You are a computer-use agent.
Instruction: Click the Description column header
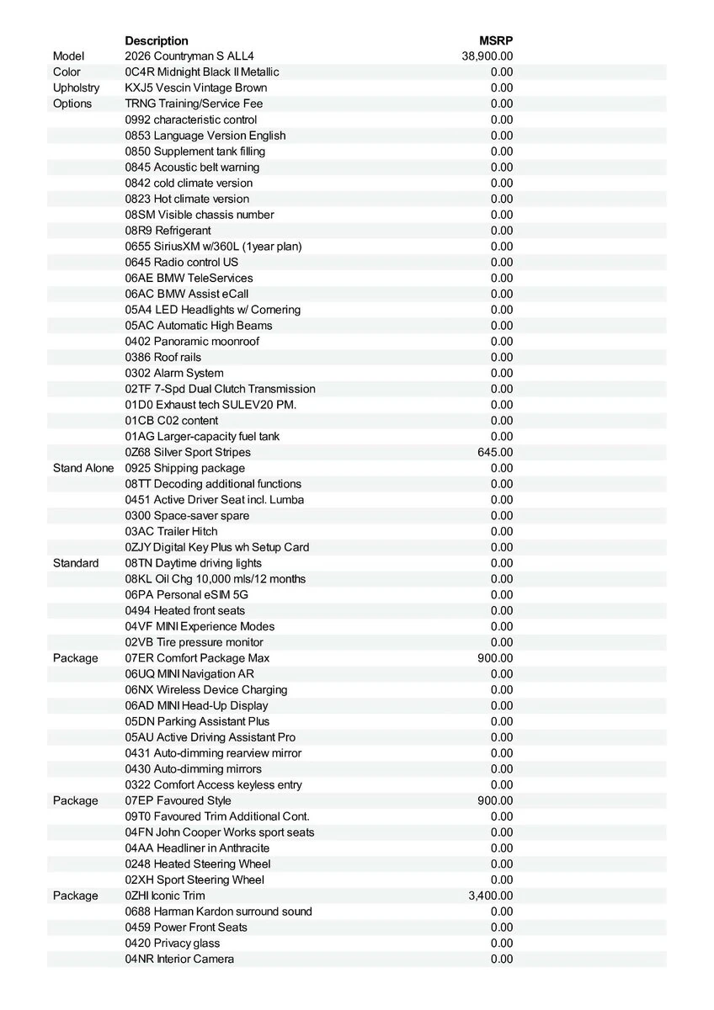[x=157, y=40]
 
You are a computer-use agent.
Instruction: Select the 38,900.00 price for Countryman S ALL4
[x=488, y=56]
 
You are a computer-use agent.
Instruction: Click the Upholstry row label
[x=76, y=88]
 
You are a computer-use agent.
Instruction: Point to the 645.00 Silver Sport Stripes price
[x=495, y=452]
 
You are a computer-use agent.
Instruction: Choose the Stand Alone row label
[x=83, y=468]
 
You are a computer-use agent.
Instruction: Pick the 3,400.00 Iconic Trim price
[x=490, y=896]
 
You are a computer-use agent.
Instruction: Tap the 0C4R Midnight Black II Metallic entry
[x=202, y=72]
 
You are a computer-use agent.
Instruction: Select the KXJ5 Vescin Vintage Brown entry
[x=196, y=88]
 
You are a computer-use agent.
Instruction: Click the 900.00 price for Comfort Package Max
[x=495, y=658]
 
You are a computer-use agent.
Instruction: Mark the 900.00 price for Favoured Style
[x=495, y=800]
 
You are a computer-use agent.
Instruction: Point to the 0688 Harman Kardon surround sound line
[x=219, y=912]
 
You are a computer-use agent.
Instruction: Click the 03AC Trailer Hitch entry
[x=171, y=531]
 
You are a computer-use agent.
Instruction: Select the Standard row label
[x=76, y=563]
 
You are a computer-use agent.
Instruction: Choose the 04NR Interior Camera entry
[x=179, y=959]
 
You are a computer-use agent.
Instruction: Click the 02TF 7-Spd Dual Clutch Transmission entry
[x=221, y=389]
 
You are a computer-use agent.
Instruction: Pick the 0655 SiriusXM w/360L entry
[x=213, y=247]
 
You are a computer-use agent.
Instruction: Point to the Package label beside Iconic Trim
[x=75, y=896]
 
